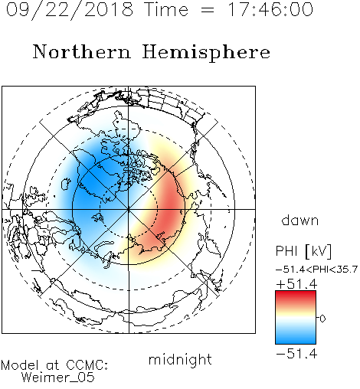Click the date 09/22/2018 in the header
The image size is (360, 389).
point(70,10)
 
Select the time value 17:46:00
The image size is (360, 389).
point(270,9)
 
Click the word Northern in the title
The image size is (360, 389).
point(82,51)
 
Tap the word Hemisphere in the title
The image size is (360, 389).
point(206,53)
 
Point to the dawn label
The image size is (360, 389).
point(300,220)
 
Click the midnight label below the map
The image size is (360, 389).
point(180,360)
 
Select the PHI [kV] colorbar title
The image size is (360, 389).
point(303,251)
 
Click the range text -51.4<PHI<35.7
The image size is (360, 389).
point(316,270)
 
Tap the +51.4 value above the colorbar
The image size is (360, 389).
point(296,284)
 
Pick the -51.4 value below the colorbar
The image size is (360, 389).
point(296,354)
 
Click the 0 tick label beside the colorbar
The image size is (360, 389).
point(322,319)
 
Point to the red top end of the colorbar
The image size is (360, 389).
point(296,293)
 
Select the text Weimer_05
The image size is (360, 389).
point(58,378)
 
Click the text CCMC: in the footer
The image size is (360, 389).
point(87,365)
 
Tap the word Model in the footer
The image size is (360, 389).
point(21,365)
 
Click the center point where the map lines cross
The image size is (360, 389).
point(129,209)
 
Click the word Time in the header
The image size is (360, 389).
point(166,9)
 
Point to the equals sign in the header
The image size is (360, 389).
point(208,10)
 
